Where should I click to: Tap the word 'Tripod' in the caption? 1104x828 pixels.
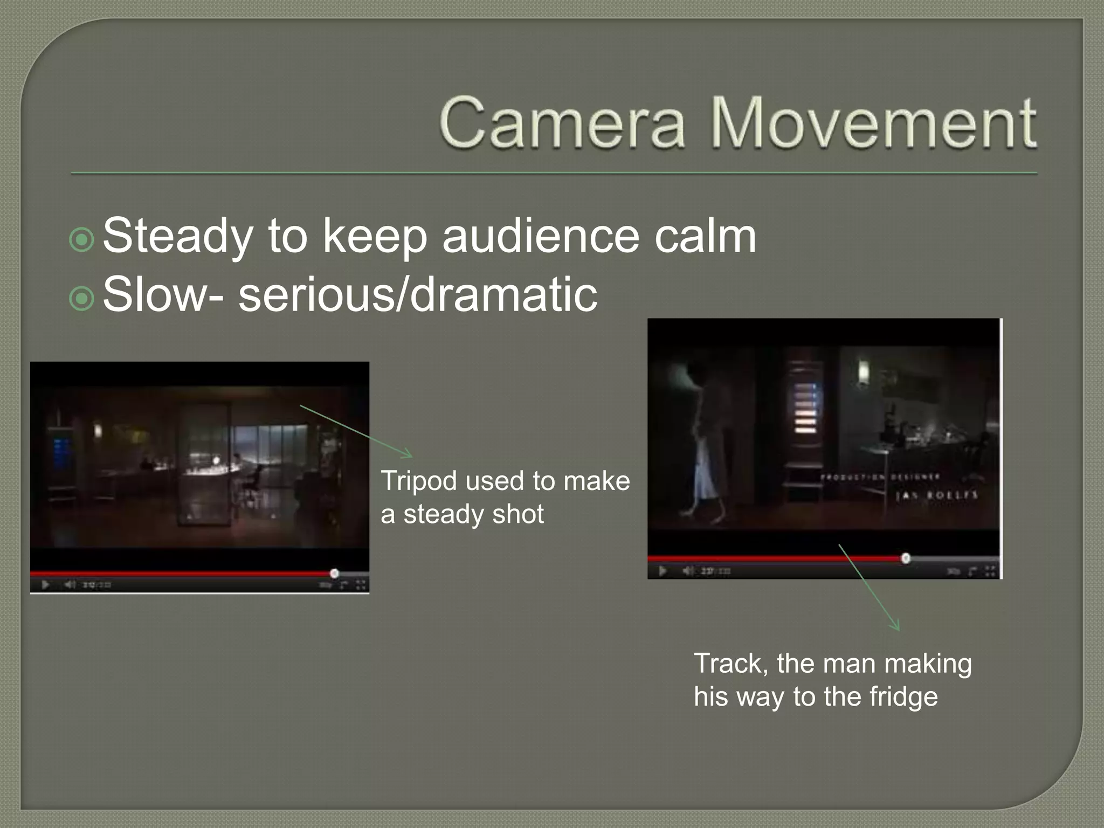click(418, 481)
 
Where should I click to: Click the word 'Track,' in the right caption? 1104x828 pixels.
click(731, 664)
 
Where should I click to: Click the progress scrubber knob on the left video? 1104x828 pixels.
click(334, 573)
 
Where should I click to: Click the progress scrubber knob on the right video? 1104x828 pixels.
click(906, 558)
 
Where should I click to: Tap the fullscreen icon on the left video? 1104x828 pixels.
click(361, 585)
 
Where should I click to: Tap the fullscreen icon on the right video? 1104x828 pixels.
click(991, 571)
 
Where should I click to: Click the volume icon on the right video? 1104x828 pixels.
click(688, 571)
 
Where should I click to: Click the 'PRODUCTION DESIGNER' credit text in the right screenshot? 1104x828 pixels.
click(880, 477)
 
